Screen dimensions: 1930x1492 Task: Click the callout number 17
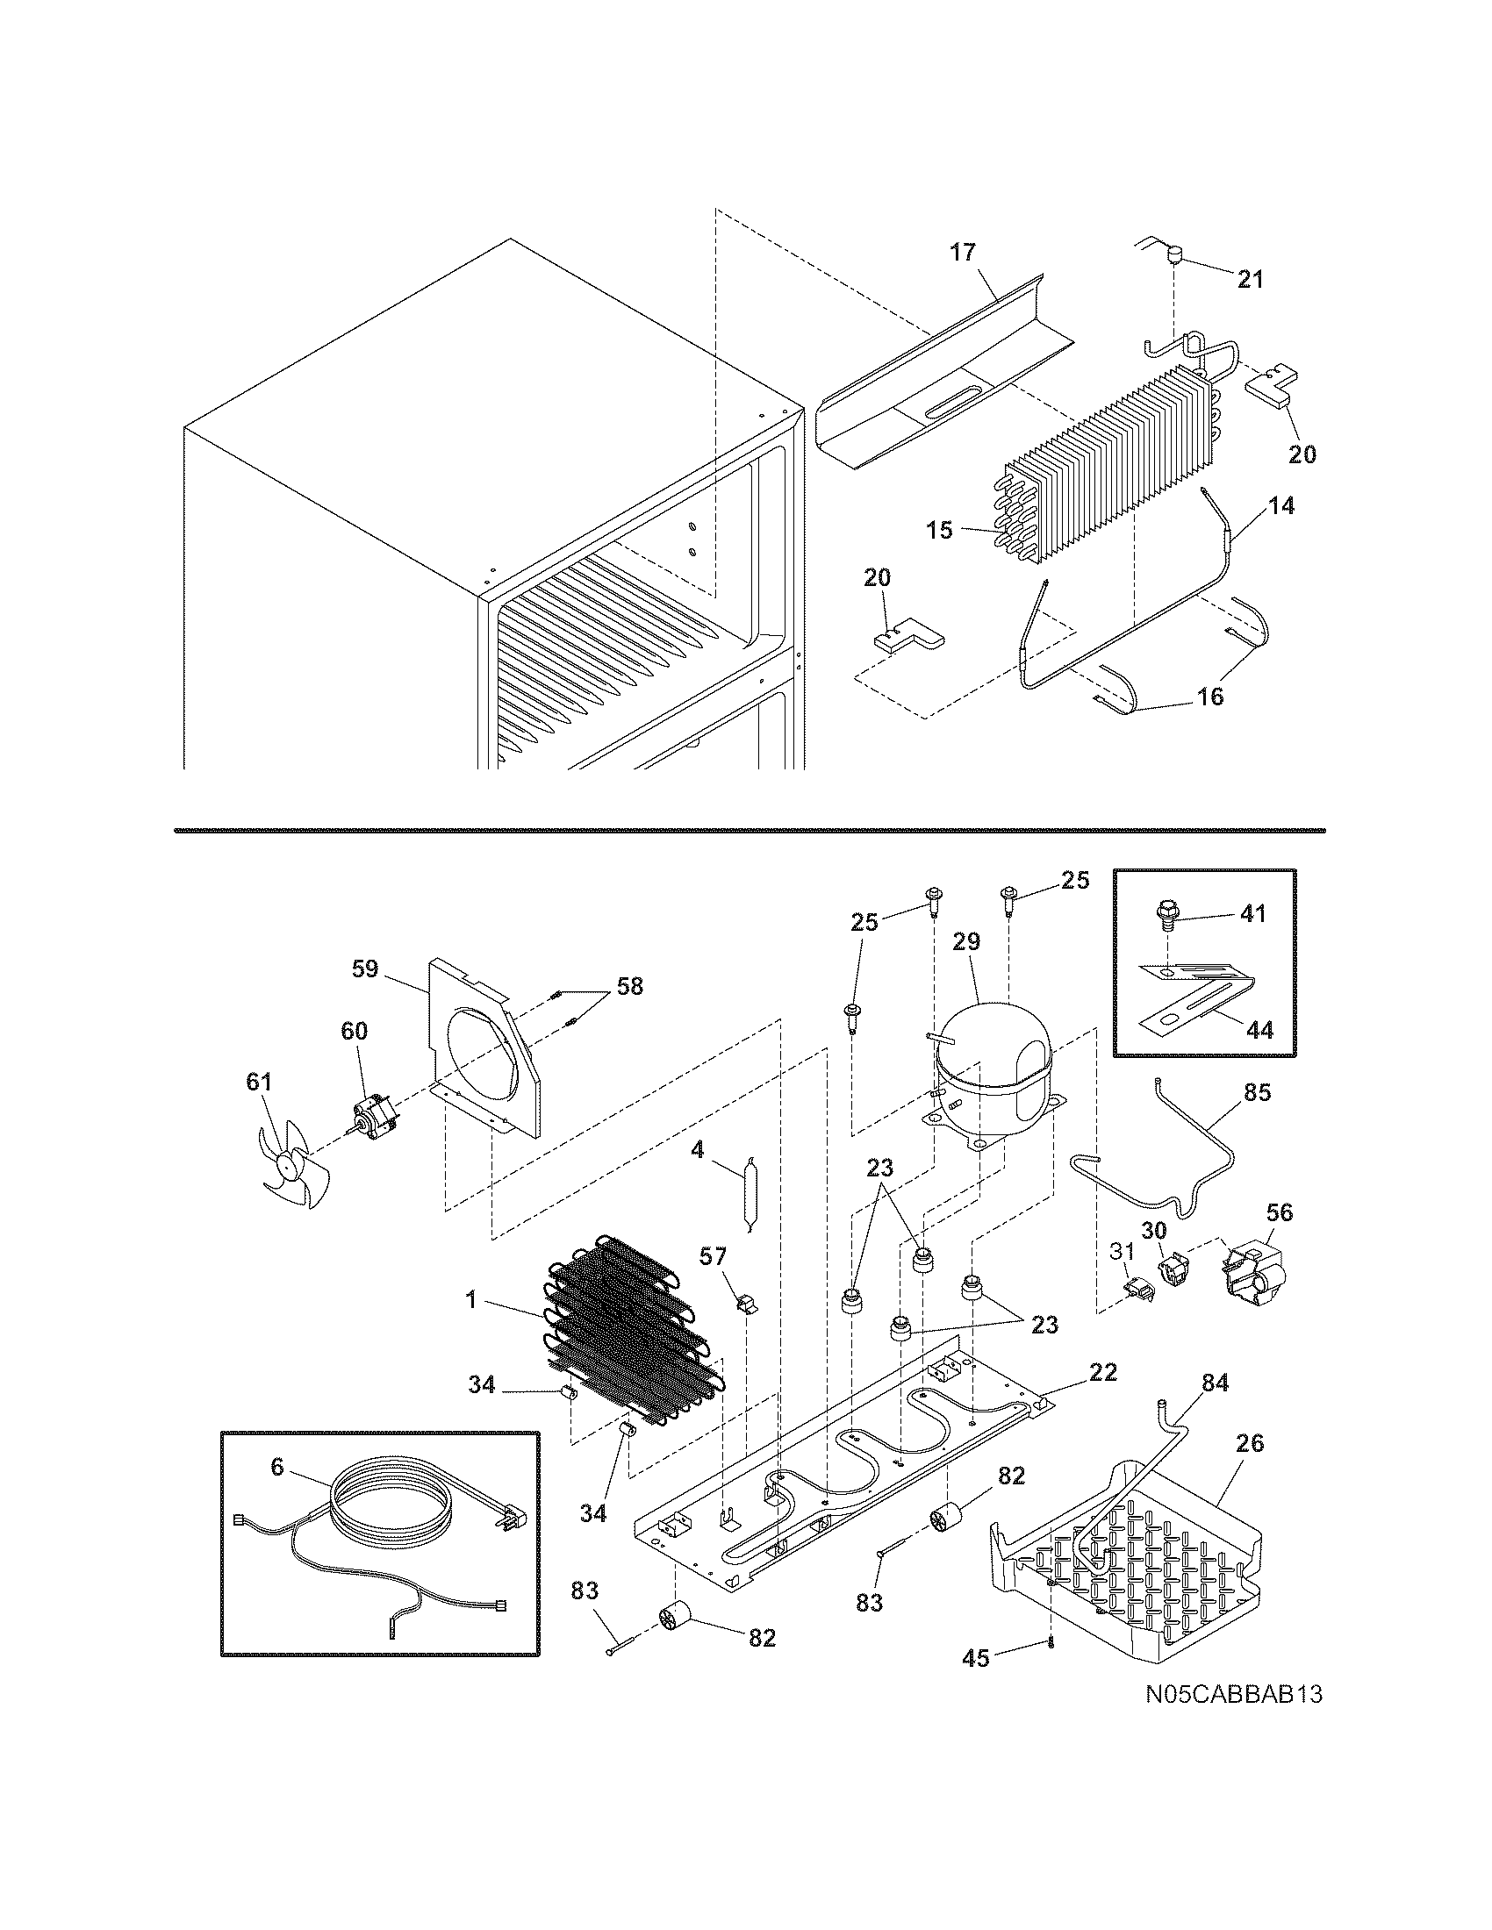coord(963,253)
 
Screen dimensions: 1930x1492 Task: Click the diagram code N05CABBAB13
coord(1233,1719)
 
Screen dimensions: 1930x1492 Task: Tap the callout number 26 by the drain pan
coord(1250,1443)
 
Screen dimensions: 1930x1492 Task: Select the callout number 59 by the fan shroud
coord(365,969)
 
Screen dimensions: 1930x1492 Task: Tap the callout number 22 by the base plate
coord(1102,1371)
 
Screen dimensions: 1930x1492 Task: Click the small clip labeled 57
coord(747,1304)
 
